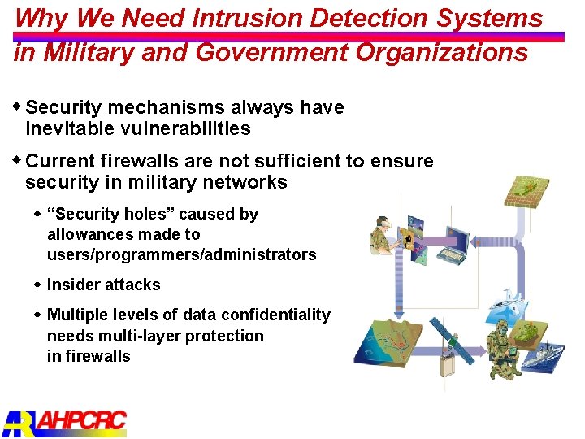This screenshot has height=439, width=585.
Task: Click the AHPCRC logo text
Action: pyautogui.click(x=81, y=421)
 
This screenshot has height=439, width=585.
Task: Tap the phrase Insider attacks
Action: pyautogui.click(x=103, y=285)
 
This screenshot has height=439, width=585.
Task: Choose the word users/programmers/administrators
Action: pyautogui.click(x=181, y=254)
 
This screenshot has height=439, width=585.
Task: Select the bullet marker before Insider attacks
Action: pyautogui.click(x=37, y=285)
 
